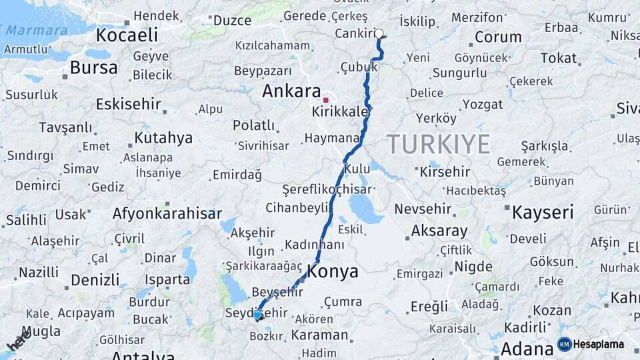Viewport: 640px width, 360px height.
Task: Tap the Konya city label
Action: click(333, 272)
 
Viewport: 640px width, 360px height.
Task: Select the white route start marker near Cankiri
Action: click(379, 33)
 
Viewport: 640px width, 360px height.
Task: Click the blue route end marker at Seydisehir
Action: click(257, 315)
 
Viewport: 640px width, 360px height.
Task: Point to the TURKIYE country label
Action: click(439, 144)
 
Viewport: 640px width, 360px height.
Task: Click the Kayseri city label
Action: click(543, 213)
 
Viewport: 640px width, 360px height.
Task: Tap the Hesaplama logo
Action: click(591, 344)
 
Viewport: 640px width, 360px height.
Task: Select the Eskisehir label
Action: click(129, 104)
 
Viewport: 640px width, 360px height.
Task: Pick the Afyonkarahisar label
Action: click(167, 214)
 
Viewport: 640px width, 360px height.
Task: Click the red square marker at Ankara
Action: click(325, 99)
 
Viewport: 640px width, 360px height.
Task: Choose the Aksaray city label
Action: click(439, 231)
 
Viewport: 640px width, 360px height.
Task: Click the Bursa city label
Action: click(93, 67)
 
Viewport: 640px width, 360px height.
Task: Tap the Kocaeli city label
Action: click(127, 35)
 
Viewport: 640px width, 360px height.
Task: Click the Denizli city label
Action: click(94, 279)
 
